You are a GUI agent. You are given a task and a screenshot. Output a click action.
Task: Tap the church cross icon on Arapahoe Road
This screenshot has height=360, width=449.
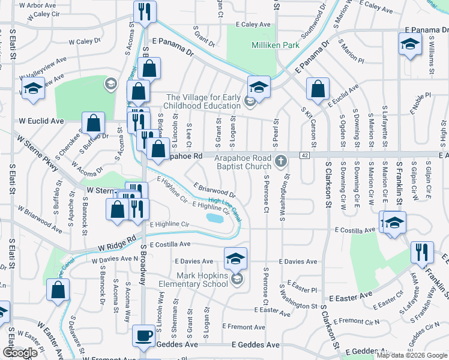pyautogui.click(x=280, y=161)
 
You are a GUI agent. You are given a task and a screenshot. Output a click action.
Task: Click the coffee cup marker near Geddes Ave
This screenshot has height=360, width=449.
pyautogui.click(x=144, y=336)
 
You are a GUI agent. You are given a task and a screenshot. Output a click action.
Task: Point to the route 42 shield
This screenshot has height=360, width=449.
pyautogui.click(x=305, y=156)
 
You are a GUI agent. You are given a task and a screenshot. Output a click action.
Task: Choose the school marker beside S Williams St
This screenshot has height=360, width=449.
pyautogui.click(x=410, y=44)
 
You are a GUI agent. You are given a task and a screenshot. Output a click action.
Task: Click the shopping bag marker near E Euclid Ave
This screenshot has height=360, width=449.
pyautogui.click(x=318, y=89)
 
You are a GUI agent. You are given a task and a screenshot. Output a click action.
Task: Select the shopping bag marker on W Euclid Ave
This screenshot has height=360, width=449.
pyautogui.click(x=94, y=123)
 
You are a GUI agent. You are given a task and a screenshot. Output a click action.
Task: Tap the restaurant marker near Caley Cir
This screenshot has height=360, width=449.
pyautogui.click(x=145, y=11)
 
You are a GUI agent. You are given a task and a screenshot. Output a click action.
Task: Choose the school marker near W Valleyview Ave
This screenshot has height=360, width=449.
pyautogui.click(x=32, y=89)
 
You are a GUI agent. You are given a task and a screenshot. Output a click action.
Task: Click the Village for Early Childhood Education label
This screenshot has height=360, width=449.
pyautogui.click(x=203, y=101)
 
